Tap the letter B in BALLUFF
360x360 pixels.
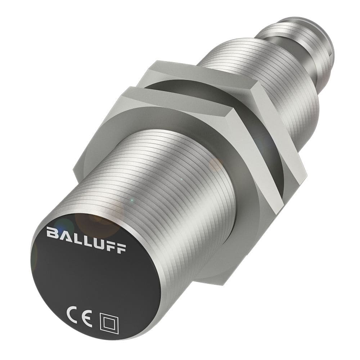pyautogui.click(x=51, y=233)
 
